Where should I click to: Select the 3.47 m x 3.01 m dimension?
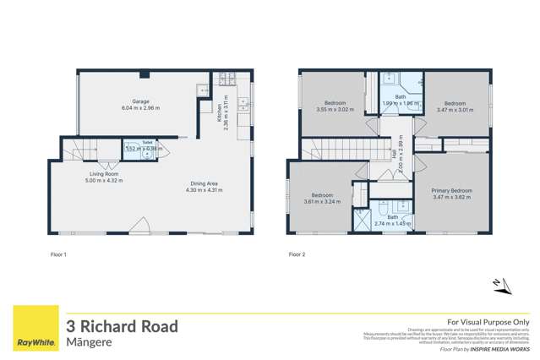click(456, 109)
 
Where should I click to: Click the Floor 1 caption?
click(58, 254)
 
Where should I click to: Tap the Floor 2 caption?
click(296, 254)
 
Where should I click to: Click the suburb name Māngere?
click(89, 342)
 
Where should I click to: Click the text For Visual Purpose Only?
click(488, 322)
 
